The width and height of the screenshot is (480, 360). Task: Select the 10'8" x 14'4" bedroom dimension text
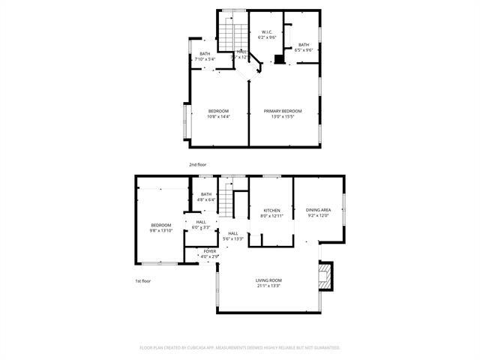coord(218,116)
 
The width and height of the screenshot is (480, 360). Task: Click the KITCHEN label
coord(271,210)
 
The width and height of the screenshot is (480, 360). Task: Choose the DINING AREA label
coord(319,210)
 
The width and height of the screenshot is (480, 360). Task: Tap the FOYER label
coord(210,251)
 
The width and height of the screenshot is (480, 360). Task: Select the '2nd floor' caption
coord(197,164)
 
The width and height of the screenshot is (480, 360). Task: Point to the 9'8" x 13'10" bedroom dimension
coord(161,230)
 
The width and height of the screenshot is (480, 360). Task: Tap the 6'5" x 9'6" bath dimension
coord(303,50)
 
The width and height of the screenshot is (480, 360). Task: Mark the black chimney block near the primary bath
coord(279,58)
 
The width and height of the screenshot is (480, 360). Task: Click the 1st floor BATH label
coord(206,194)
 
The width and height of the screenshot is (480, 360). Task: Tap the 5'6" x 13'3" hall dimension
coord(233,238)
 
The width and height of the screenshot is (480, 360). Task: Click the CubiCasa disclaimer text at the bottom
coord(240,348)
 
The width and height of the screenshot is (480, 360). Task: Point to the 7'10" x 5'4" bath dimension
coord(205,58)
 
